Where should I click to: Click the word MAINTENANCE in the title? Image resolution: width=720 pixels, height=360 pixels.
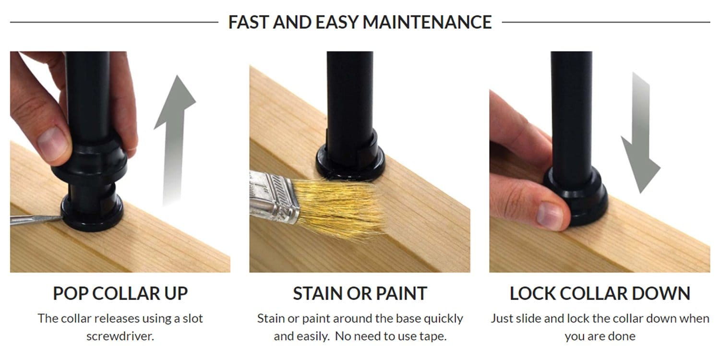(427, 22)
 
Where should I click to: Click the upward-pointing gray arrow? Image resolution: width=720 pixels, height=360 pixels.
(175, 140)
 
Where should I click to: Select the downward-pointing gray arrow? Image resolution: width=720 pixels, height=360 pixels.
(640, 132)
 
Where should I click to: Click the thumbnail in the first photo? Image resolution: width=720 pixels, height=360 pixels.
(52, 144)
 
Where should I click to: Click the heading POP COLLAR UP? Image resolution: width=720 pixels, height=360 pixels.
(120, 293)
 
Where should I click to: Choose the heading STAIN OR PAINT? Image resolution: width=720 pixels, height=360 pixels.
(360, 293)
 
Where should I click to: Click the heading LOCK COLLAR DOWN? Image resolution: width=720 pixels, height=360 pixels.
(600, 293)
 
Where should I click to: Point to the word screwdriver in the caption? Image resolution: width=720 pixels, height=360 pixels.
(120, 336)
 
